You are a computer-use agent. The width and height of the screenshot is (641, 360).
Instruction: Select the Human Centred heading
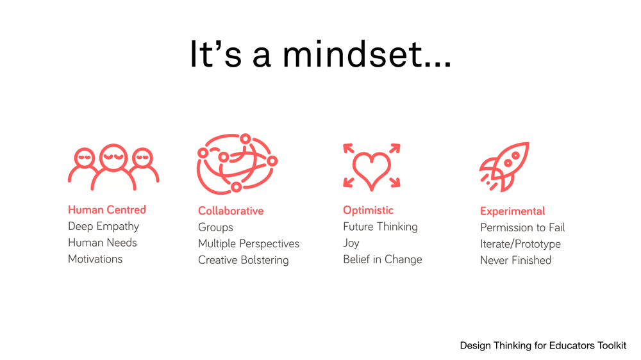(107, 209)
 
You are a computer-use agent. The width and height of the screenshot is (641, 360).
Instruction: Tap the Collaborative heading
(231, 211)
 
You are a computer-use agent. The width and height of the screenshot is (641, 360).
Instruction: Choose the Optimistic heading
(368, 210)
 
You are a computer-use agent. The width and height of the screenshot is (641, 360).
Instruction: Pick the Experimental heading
(512, 211)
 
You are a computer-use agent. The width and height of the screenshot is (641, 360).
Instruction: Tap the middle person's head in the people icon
(113, 158)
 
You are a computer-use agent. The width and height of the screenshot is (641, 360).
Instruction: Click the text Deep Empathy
(103, 226)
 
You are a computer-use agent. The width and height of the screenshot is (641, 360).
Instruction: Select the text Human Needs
(103, 243)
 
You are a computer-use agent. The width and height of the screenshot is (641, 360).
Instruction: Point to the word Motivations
(95, 259)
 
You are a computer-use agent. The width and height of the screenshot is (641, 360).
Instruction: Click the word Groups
(215, 227)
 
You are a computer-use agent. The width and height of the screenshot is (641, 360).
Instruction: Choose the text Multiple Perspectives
(249, 243)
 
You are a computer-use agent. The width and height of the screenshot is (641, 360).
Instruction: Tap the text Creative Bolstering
(243, 260)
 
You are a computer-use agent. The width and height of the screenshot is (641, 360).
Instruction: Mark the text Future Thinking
(380, 227)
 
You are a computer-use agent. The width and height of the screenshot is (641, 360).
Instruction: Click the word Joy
(351, 243)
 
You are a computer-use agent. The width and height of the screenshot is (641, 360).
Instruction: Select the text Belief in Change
(382, 259)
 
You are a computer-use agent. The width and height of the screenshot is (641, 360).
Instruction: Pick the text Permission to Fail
(522, 227)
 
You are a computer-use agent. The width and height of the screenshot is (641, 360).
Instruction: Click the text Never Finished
(515, 260)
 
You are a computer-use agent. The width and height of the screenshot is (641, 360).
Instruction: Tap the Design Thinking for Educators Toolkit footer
(543, 345)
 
